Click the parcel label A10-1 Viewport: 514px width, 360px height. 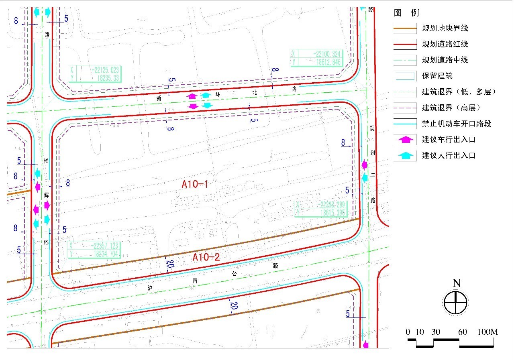click(195, 185)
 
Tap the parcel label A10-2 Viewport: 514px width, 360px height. click(206, 257)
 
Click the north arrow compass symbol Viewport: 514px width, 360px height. click(456, 302)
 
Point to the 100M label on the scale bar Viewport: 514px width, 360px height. click(487, 332)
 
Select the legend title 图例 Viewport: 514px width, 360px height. click(406, 13)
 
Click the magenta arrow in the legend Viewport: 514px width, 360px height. click(406, 139)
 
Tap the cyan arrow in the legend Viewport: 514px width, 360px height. click(406, 155)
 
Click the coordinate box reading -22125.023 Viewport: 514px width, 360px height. click(95, 74)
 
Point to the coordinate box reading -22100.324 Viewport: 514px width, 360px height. click(316, 58)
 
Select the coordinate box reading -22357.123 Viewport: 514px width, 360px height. click(94, 250)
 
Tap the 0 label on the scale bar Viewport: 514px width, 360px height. click(408, 332)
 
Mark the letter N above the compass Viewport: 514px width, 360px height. click(456, 283)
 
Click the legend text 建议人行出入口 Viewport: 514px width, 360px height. click(449, 155)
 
